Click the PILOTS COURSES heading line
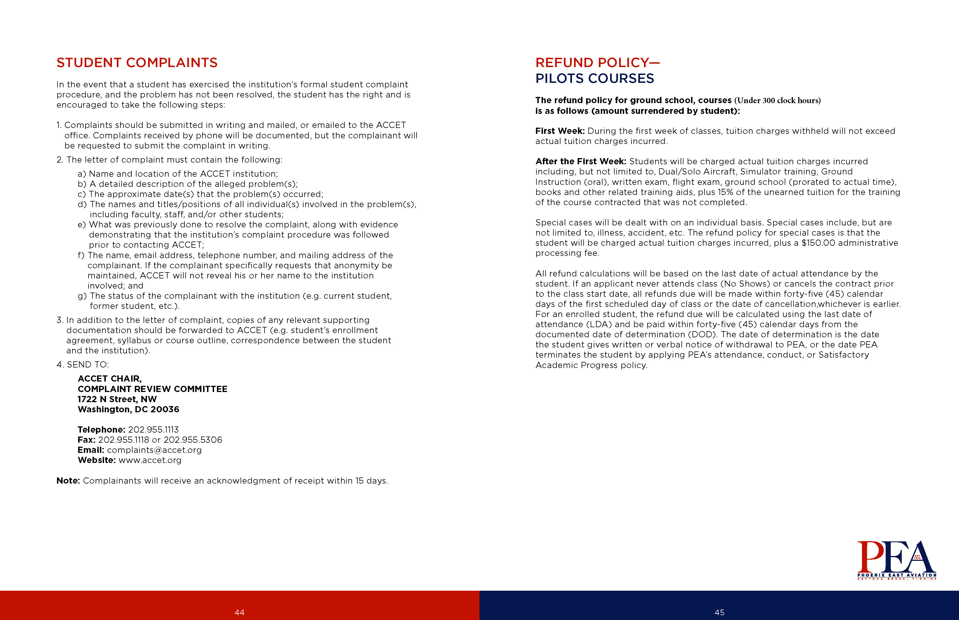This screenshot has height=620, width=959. pos(594,79)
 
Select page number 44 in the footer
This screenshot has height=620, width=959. pos(239,612)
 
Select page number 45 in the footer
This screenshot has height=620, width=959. pos(719,612)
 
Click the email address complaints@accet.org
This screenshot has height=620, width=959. pos(154,450)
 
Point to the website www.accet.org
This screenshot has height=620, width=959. pos(150,460)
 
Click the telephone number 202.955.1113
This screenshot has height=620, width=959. pos(153,429)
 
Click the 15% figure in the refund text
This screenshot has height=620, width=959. pos(725,192)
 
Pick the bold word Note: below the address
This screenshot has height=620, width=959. pos(68,481)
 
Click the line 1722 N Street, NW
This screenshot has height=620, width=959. pos(117,399)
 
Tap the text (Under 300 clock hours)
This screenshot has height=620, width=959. pos(777,100)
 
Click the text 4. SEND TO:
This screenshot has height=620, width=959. pos(83,365)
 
